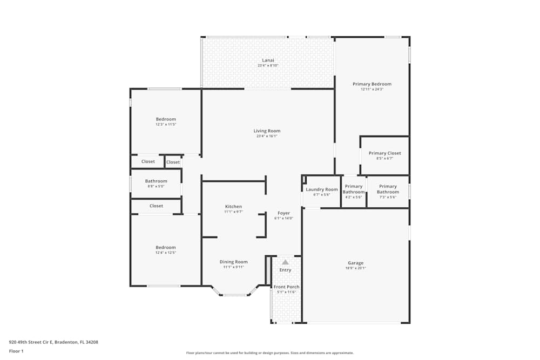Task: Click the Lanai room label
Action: (x=268, y=60)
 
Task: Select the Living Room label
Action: (x=267, y=131)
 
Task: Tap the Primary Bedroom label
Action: (x=372, y=84)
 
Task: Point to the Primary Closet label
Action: (x=384, y=153)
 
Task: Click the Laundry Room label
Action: (x=321, y=189)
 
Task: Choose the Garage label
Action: (x=355, y=263)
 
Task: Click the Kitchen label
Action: (x=233, y=206)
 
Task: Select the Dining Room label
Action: (x=233, y=262)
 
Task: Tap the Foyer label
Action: (x=283, y=213)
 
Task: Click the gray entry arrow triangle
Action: (x=285, y=262)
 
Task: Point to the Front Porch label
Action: (x=286, y=287)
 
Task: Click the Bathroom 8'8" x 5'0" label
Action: (x=156, y=181)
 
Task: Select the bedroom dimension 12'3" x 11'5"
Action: (x=166, y=125)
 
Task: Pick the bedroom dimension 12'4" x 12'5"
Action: (x=166, y=253)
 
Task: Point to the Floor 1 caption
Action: (x=16, y=351)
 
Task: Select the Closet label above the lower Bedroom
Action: (x=156, y=206)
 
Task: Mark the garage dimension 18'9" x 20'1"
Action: (x=356, y=268)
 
